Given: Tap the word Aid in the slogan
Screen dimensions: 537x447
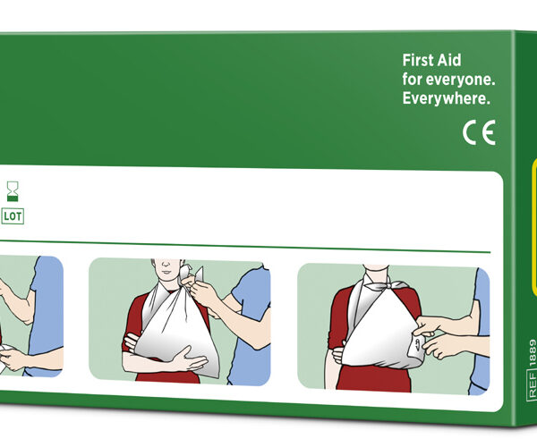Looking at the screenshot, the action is click(451, 61).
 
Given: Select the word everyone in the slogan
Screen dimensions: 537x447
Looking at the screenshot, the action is click(460, 80).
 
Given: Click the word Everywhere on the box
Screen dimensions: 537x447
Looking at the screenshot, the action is click(446, 99).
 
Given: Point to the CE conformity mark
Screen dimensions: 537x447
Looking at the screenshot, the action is click(479, 132).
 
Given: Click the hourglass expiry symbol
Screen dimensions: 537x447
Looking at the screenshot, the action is click(13, 191).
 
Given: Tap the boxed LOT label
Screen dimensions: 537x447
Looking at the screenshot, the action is click(13, 216).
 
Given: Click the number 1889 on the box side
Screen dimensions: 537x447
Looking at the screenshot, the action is click(533, 353).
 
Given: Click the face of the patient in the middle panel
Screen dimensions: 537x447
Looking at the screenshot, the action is click(166, 267).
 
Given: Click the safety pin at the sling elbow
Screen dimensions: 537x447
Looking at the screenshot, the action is click(417, 345).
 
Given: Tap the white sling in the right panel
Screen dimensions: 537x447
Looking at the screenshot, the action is click(380, 328).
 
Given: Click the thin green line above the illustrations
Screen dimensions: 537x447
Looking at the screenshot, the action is click(245, 246).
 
